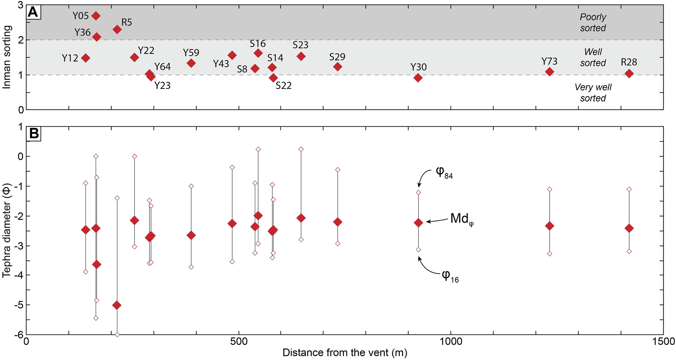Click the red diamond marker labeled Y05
coord(96,16)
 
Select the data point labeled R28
coord(629,74)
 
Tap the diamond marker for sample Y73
coord(549,72)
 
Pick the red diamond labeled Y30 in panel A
coord(418,78)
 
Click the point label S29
coord(337,57)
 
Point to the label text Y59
coord(191,53)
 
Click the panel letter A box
coord(33,12)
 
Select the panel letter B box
coord(34,133)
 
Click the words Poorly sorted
coord(593,22)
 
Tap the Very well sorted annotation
coord(593,93)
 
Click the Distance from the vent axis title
coord(344,353)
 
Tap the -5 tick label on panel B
coord(18,305)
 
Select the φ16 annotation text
coord(450,276)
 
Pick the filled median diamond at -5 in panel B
coord(117,305)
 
